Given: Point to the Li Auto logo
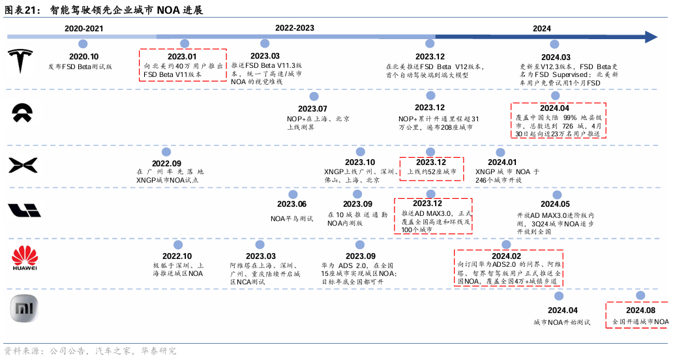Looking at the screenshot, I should (x=24, y=210).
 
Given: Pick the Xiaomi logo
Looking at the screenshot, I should (x=24, y=308).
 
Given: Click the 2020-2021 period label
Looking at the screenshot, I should (x=83, y=29).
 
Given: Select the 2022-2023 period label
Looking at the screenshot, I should (x=294, y=28).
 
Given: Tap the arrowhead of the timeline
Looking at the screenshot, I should (x=650, y=37).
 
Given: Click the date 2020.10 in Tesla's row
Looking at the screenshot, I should (x=83, y=57).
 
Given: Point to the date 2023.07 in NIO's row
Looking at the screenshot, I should (x=312, y=108).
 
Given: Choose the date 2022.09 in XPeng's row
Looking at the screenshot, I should (x=166, y=163).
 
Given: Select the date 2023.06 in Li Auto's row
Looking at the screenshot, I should (x=292, y=204).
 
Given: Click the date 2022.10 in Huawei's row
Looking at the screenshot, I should (x=177, y=256).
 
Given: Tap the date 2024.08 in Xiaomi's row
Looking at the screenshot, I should (x=640, y=310).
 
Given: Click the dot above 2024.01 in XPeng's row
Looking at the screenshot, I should (x=501, y=151).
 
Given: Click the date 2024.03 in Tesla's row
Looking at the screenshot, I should (x=555, y=57).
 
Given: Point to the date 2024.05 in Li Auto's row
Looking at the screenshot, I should (x=555, y=204).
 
